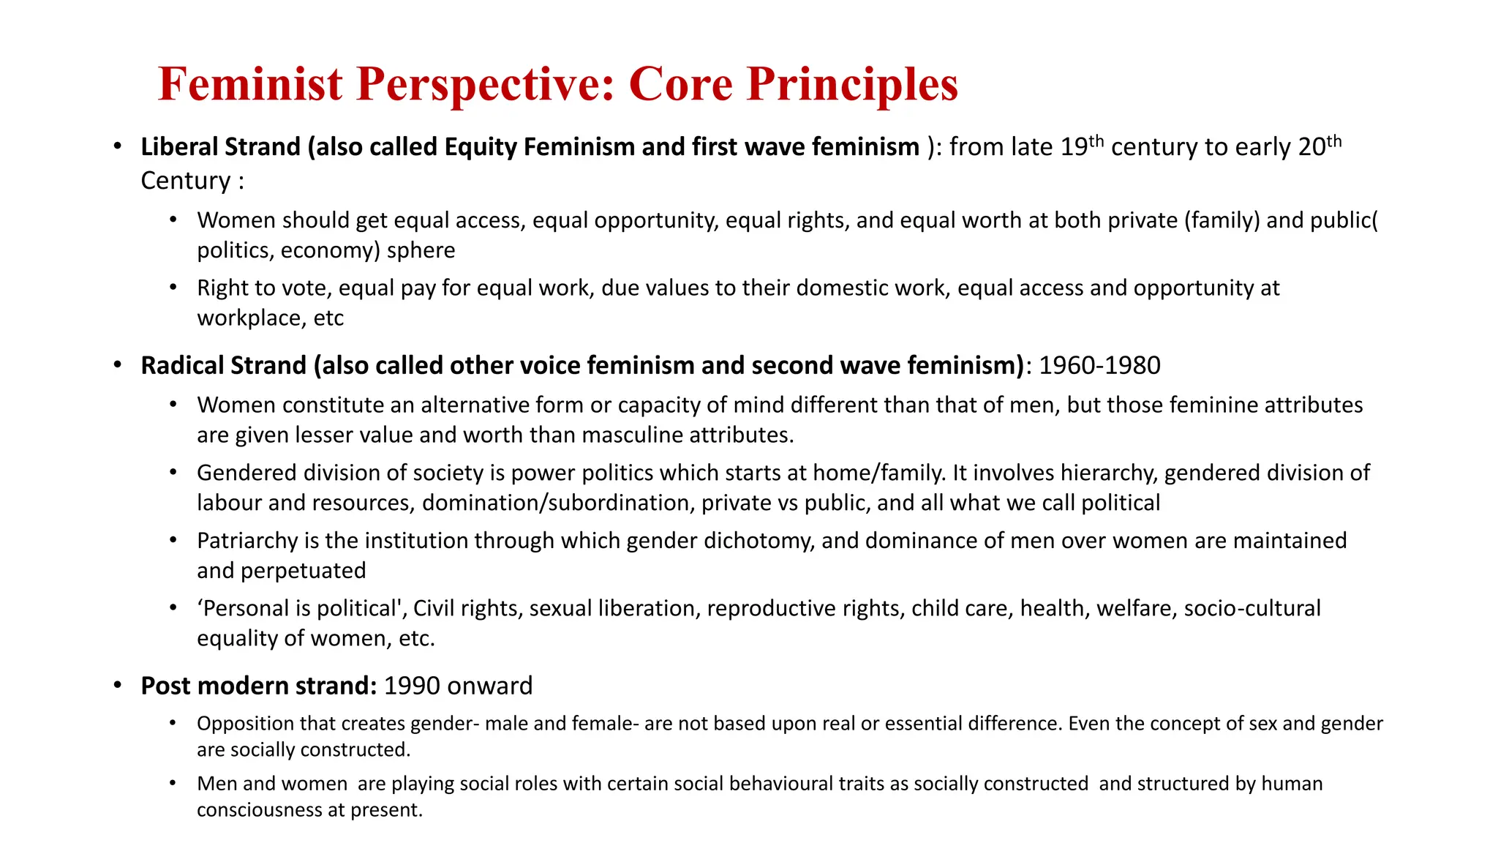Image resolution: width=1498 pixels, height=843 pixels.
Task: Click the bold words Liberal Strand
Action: click(220, 147)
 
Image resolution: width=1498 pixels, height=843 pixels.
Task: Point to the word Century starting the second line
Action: click(185, 181)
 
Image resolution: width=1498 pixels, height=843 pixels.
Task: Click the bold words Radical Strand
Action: click(223, 366)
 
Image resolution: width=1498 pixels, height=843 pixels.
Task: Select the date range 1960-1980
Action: click(1099, 366)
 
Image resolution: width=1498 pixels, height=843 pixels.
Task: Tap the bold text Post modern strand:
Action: click(258, 686)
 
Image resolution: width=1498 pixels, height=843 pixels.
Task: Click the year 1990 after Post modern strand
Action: click(412, 686)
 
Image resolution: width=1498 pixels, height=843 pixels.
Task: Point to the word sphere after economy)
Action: click(421, 250)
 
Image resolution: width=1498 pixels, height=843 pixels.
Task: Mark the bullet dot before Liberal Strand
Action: click(117, 147)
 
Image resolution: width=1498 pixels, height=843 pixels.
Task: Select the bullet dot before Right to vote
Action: click(173, 288)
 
